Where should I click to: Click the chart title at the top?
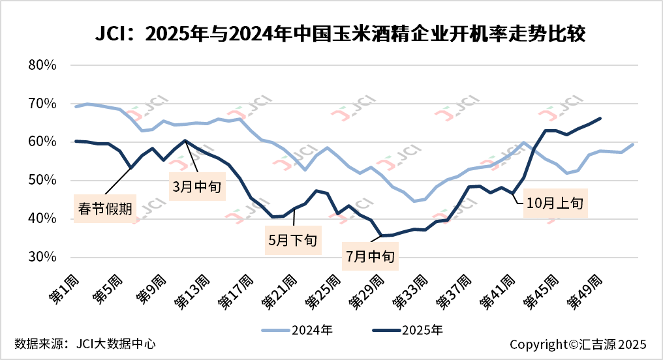coord(332,33)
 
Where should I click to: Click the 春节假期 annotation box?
coord(106,209)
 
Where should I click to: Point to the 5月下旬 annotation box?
coord(292,239)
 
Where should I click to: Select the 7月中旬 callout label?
coord(369,256)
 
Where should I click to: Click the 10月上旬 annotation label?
coord(557,203)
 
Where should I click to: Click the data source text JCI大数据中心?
coord(85,343)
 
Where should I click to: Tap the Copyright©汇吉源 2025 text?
coord(578,344)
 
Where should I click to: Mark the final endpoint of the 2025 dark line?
coord(600,118)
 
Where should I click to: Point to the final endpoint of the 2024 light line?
coord(632,144)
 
